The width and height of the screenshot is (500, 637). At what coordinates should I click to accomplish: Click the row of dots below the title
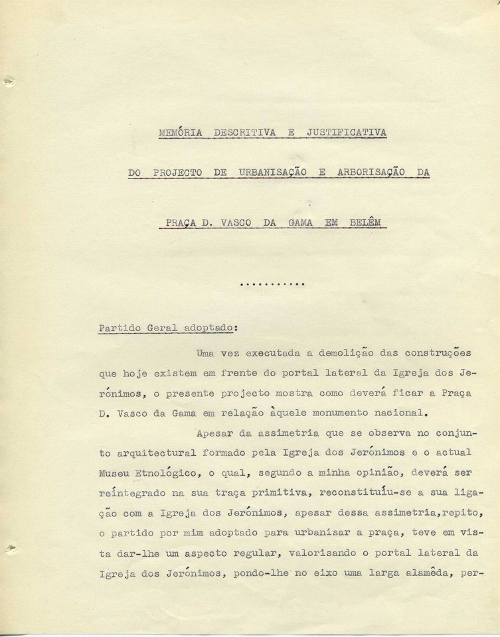271,284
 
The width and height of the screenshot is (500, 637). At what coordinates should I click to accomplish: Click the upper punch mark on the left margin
8,82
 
